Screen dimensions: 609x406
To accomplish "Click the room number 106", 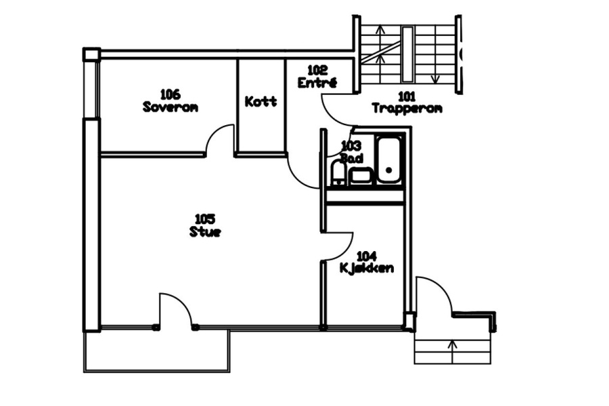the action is (x=170, y=94).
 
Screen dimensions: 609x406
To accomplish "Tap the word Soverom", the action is (x=170, y=107).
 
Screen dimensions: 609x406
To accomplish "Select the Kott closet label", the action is (x=261, y=101).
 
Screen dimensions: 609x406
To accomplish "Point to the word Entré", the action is (x=317, y=83).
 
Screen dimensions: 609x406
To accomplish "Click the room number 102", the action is (x=317, y=70).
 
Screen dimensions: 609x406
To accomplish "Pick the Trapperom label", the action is (x=407, y=108).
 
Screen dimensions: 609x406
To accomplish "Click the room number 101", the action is (x=407, y=96).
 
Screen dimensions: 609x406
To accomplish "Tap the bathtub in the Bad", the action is (x=389, y=160).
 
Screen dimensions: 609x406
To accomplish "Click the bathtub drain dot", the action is (x=389, y=170).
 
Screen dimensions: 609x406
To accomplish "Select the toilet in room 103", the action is (x=339, y=173).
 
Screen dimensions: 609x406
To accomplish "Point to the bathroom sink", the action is (x=361, y=176).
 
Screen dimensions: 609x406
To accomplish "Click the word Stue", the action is (x=205, y=232).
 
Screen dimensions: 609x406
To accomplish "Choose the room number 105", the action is (x=204, y=219).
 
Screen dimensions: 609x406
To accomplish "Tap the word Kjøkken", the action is (x=367, y=268).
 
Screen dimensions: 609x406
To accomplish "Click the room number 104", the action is (x=367, y=256).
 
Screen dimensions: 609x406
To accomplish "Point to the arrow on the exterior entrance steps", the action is (x=453, y=352).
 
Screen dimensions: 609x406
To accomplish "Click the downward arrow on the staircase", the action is (x=435, y=73).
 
